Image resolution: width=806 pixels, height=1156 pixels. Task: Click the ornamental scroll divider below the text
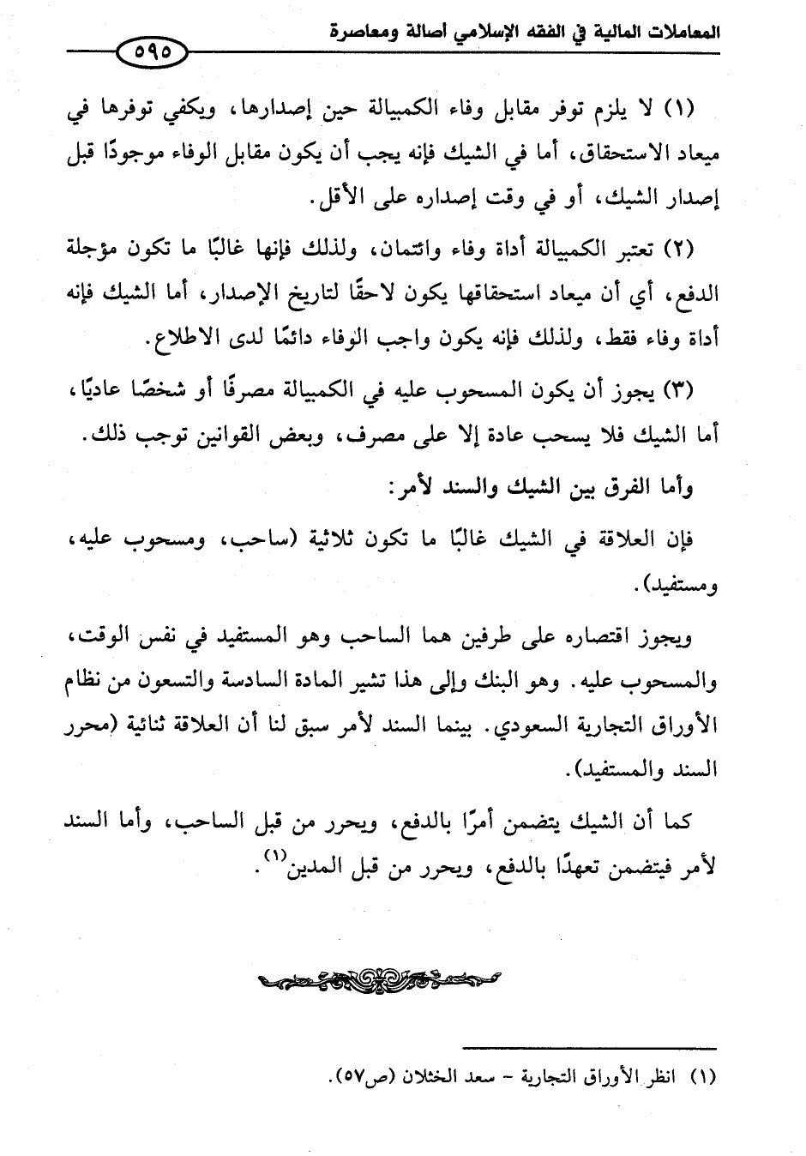point(378,978)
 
